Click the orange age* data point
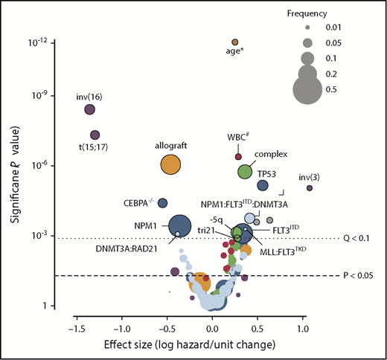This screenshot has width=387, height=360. click(234, 42)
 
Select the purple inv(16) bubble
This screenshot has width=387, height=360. click(89, 109)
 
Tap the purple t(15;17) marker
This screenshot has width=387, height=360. click(95, 135)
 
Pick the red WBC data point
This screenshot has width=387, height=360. click(238, 156)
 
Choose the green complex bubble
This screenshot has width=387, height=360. click(245, 171)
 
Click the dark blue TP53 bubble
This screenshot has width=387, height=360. click(262, 185)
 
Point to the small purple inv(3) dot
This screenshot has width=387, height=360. click(310, 187)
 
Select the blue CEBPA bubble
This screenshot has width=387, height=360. click(162, 202)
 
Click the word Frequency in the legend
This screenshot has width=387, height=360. click(325, 13)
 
